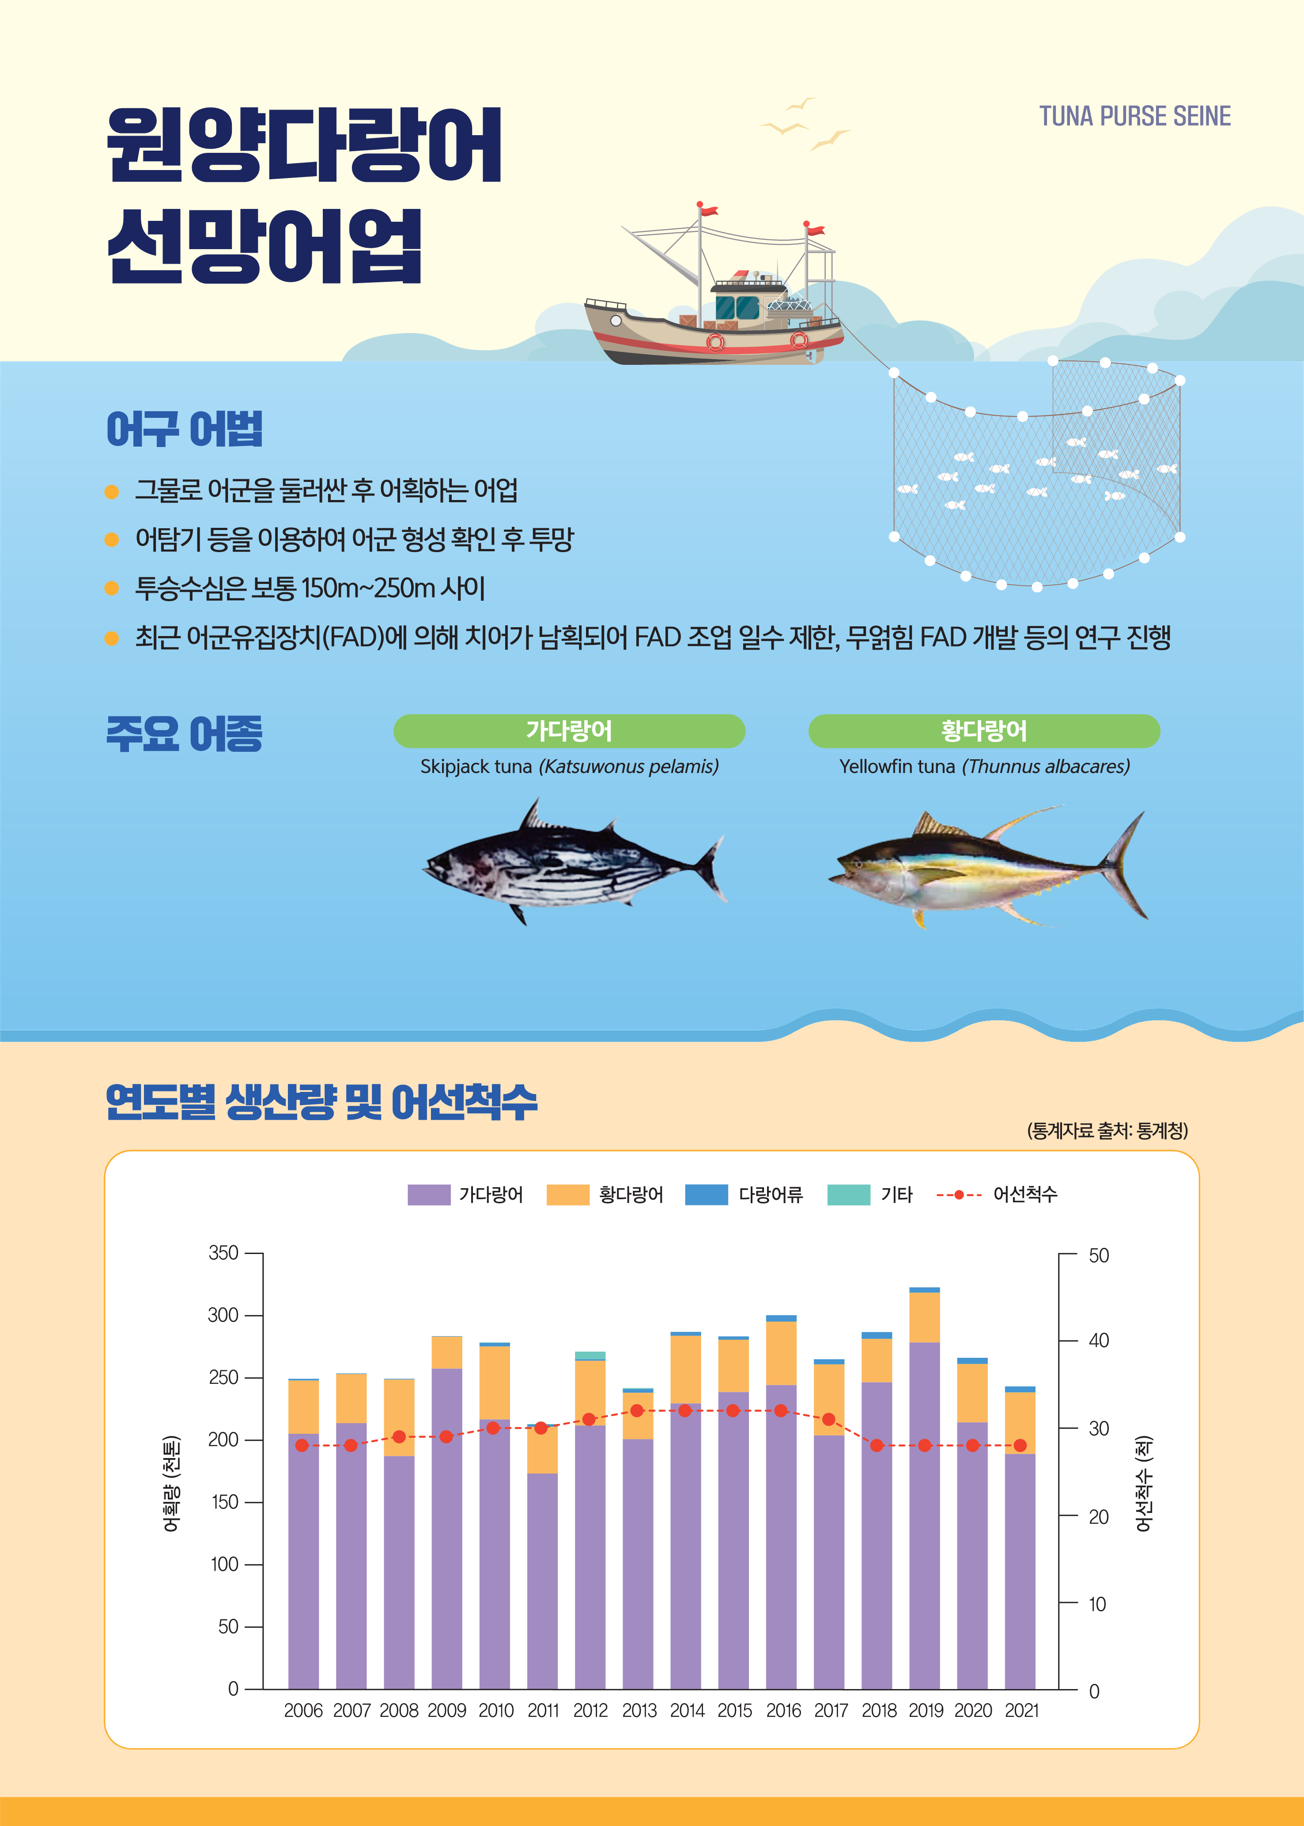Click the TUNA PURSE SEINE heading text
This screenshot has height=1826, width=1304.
pos(1134,117)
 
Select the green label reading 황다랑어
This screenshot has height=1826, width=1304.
pos(983,731)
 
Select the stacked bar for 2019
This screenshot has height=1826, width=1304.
pos(924,1493)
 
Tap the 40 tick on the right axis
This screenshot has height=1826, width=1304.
pos(1098,1340)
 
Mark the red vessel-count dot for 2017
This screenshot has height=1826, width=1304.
pos(829,1420)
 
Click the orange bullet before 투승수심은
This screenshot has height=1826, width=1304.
pos(112,589)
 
